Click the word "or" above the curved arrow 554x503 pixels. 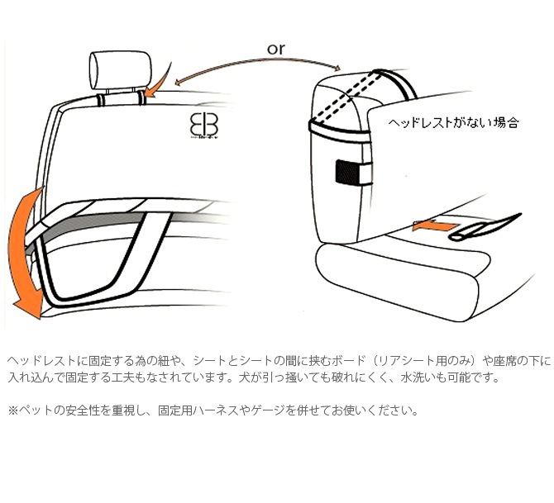point(276,49)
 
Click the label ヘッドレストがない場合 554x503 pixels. point(454,122)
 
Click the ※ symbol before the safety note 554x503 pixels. point(12,410)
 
